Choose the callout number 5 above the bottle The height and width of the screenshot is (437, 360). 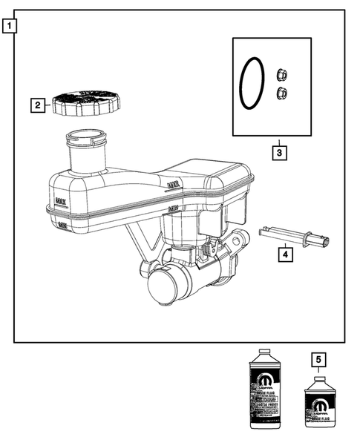(320, 361)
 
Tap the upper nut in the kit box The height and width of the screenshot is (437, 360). (281, 74)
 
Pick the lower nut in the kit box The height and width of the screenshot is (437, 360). (281, 92)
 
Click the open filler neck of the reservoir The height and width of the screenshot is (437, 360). (88, 138)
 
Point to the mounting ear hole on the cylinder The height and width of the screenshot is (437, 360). (240, 241)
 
